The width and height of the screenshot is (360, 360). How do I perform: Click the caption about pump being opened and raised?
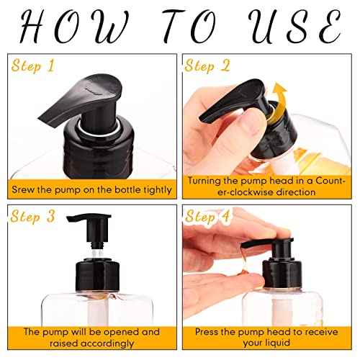[91, 338]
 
